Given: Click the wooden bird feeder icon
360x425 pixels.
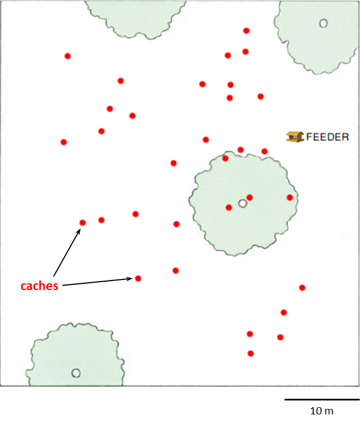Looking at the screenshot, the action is [x=295, y=137].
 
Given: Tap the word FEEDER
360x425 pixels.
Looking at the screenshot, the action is [x=328, y=137].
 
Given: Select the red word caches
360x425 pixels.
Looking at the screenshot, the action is [x=40, y=286].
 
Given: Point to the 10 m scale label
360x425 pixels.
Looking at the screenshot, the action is [x=322, y=411].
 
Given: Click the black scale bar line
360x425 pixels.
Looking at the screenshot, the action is [x=322, y=399].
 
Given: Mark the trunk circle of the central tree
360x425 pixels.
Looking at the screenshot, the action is [x=242, y=203].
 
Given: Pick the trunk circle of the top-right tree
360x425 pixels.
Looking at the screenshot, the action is [x=323, y=23].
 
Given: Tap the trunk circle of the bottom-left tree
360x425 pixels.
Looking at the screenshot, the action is [x=76, y=373].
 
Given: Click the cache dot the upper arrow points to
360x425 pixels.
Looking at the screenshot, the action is [x=82, y=223].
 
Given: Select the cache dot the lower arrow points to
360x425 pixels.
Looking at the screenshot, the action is [x=138, y=278].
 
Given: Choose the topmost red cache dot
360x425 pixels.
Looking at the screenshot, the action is [x=246, y=31].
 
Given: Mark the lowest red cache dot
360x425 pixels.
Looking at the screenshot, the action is [x=251, y=354].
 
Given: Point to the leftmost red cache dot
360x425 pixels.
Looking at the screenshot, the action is [x=64, y=142].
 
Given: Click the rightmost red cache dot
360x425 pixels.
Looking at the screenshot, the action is [x=302, y=288].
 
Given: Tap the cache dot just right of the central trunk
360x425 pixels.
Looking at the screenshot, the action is [x=250, y=197].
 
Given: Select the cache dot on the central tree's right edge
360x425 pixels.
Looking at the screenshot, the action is [x=290, y=197].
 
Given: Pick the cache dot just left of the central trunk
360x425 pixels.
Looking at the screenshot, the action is [x=229, y=207].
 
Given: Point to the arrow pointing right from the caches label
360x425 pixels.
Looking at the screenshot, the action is [x=98, y=282].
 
